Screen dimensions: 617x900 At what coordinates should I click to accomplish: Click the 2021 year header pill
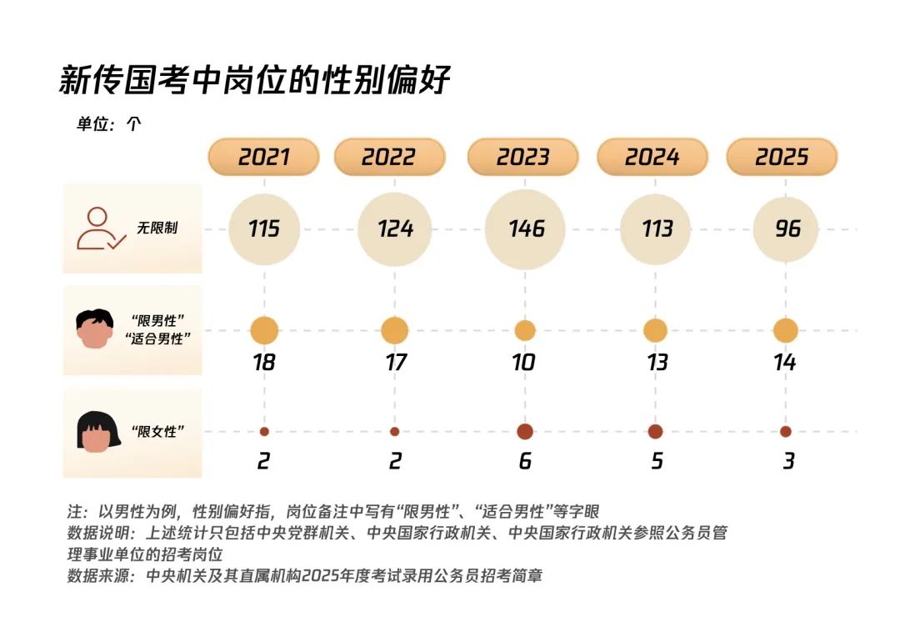[263, 157]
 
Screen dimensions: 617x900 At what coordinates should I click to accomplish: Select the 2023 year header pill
[522, 157]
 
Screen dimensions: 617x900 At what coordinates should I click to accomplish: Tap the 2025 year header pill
[782, 157]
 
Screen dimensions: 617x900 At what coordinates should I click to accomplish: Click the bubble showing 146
[525, 228]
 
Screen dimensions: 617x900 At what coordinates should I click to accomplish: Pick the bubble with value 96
[786, 228]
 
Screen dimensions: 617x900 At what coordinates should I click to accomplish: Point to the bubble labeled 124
[395, 228]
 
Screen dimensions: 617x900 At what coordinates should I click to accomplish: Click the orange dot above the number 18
[264, 330]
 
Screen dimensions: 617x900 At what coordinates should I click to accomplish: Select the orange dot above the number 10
[525, 330]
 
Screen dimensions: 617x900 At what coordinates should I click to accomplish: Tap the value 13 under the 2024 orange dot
[656, 363]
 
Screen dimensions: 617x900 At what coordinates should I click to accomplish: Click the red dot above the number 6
[525, 432]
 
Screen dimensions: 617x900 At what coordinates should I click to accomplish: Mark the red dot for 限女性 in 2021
[264, 432]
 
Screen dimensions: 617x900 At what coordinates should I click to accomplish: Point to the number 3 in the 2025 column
[787, 461]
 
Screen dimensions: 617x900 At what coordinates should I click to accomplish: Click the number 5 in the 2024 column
[657, 461]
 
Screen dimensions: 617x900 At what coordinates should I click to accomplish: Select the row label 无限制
[157, 228]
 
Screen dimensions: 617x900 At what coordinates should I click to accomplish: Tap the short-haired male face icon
[94, 329]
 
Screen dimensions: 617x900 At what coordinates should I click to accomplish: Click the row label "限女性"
[157, 431]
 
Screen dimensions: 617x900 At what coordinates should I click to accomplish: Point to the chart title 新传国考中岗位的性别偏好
[255, 81]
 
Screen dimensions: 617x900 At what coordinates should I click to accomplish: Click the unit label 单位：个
[109, 124]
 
